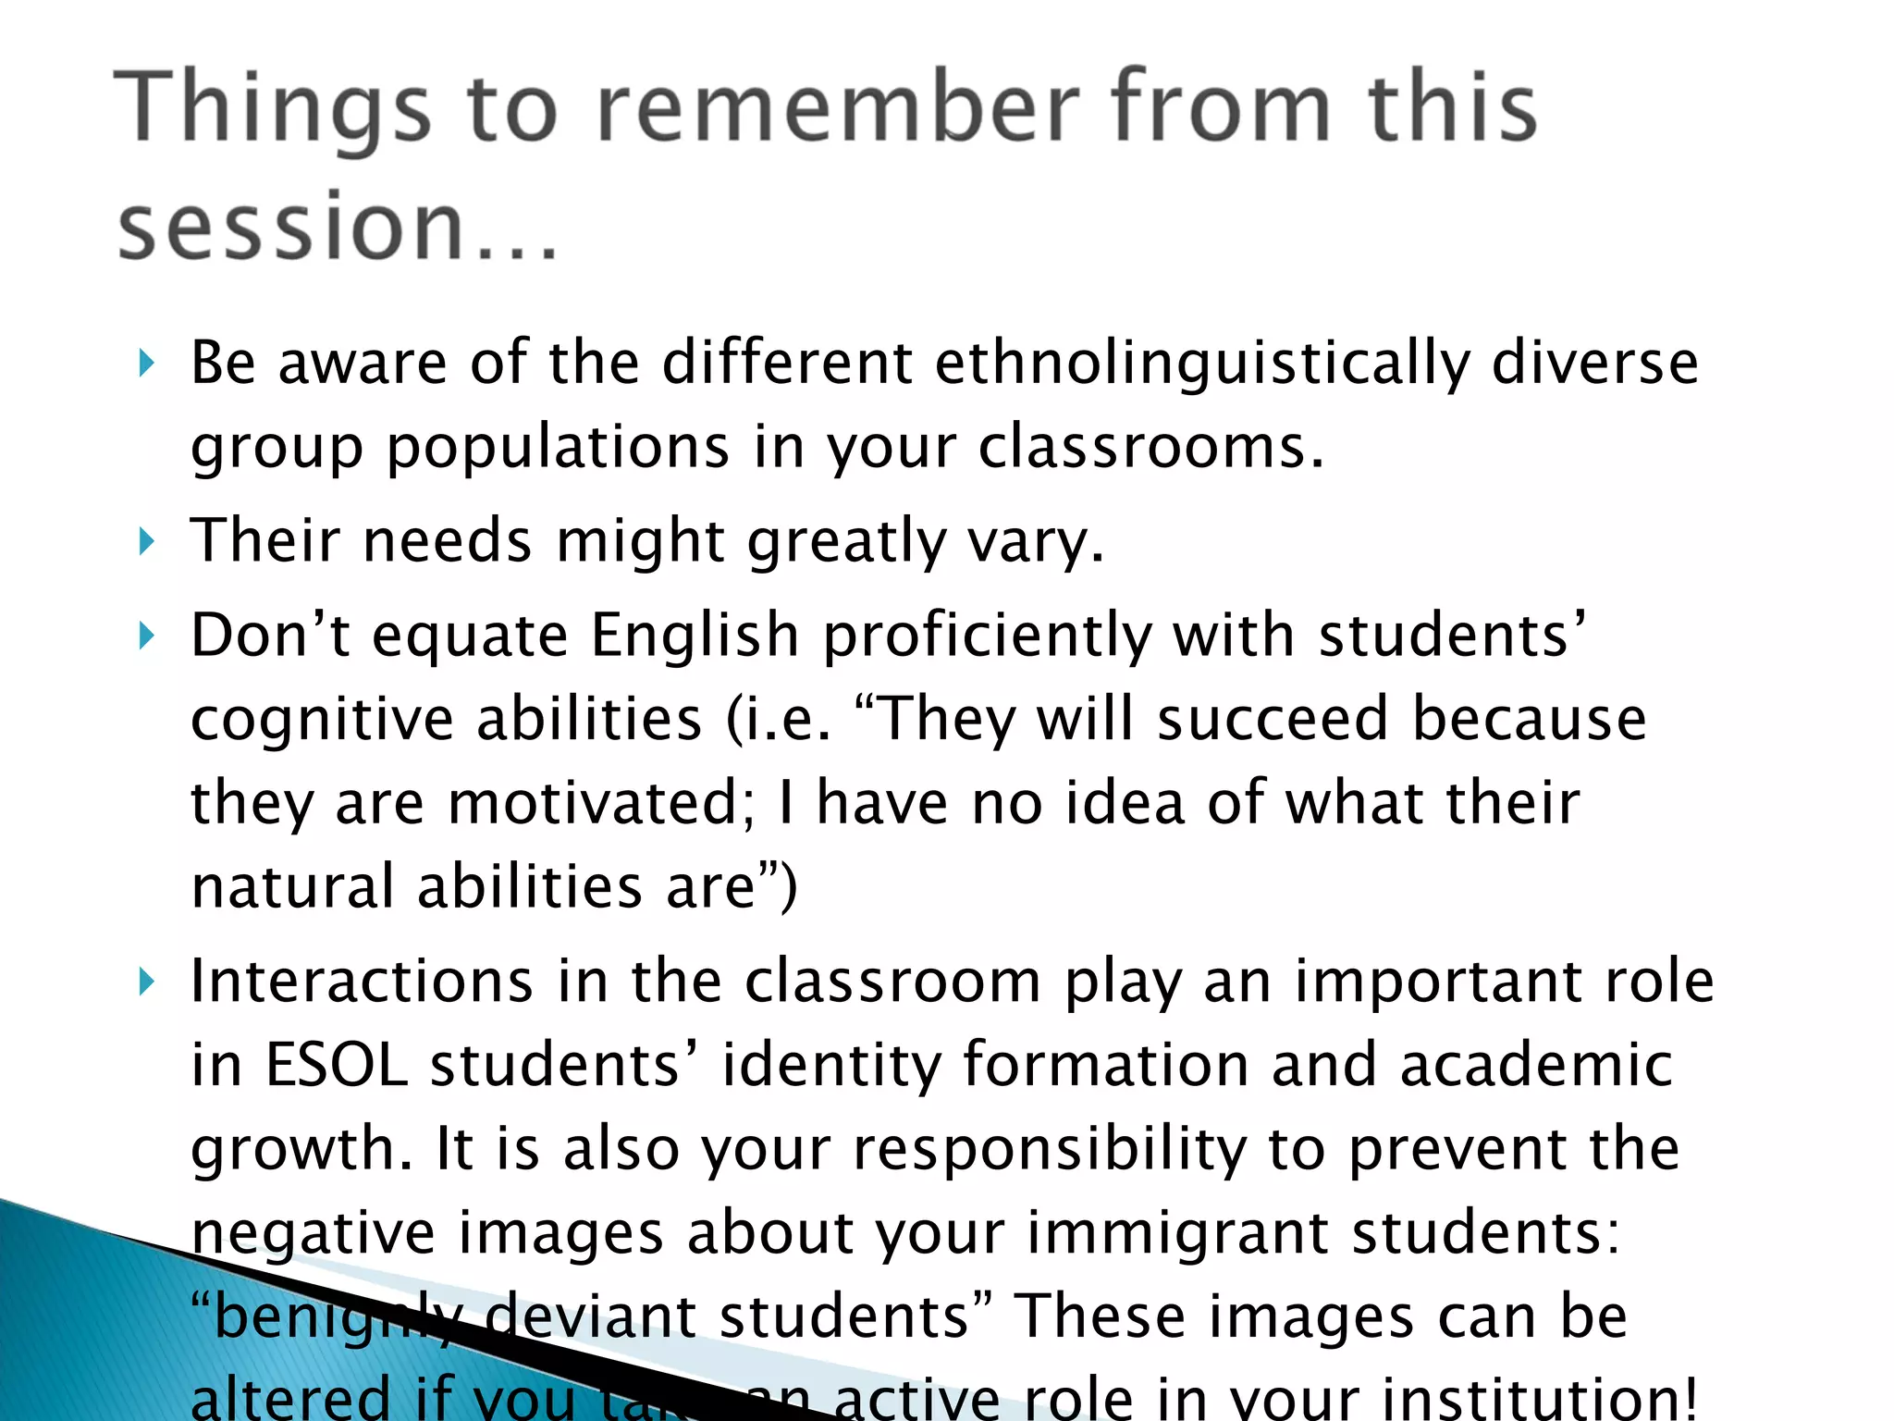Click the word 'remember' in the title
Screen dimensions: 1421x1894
coord(838,109)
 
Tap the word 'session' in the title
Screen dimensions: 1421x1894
coord(290,228)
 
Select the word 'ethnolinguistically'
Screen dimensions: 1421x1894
coord(1201,363)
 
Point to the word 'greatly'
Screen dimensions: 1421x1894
coord(846,541)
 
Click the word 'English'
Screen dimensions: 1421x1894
coord(695,636)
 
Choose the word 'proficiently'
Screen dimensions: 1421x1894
coord(987,637)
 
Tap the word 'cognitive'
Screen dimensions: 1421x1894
coord(321,721)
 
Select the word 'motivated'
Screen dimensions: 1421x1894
coord(602,803)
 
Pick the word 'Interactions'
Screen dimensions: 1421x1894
coord(362,982)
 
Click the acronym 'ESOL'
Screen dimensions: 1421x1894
coord(337,1066)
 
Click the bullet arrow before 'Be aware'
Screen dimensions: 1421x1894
coord(146,364)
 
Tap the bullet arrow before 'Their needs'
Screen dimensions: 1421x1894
coord(146,541)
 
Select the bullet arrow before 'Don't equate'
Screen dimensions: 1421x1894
coord(146,636)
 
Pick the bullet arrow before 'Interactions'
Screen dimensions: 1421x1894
coord(146,982)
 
